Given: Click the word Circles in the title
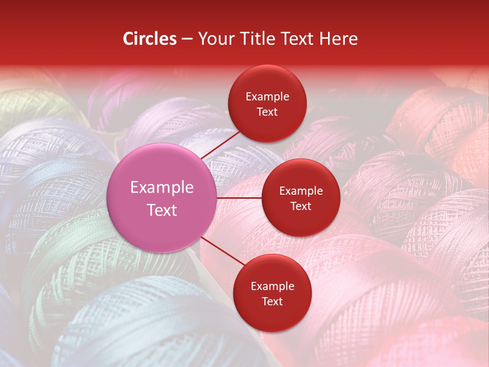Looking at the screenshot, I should [149, 39].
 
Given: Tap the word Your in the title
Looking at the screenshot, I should [214, 39].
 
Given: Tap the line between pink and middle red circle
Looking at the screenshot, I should [239, 198].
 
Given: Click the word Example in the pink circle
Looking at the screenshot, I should [162, 188].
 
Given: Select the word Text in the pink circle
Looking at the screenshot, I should [162, 210].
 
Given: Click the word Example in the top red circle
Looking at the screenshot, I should [267, 96].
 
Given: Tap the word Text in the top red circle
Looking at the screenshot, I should [267, 112].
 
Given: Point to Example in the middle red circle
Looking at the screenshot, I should [301, 191].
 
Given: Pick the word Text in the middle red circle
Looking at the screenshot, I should [301, 206].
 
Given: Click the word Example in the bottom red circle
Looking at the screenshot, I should [273, 286].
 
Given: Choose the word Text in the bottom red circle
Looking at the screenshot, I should [273, 301].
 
